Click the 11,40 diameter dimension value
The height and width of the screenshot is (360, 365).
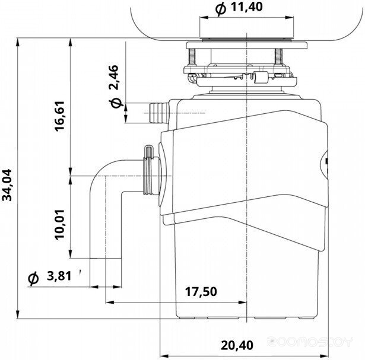[x=246, y=7]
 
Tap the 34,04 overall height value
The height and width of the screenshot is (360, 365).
[x=7, y=185]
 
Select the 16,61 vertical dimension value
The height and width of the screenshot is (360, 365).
[x=59, y=116]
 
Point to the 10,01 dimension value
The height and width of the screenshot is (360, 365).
[x=59, y=224]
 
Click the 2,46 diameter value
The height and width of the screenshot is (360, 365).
[x=114, y=78]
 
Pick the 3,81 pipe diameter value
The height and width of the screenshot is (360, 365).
[x=59, y=276]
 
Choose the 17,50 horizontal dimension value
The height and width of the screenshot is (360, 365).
[x=201, y=291]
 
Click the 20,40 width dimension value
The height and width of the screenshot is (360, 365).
[x=237, y=345]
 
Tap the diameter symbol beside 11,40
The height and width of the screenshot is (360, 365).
[x=220, y=9]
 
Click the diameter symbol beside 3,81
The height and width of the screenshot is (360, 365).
[x=33, y=278]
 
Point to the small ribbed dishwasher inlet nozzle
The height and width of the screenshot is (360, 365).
[x=159, y=113]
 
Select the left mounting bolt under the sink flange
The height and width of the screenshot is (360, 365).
[x=191, y=56]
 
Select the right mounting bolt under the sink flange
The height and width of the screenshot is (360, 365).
[x=278, y=56]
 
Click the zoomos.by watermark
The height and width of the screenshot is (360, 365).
[x=310, y=342]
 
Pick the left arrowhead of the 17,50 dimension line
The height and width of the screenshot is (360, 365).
[x=110, y=302]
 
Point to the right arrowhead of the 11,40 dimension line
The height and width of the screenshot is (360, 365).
[x=289, y=17]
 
